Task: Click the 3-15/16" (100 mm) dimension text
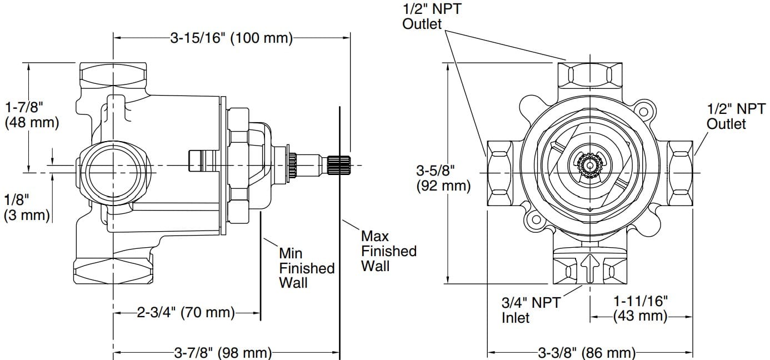[x=231, y=38]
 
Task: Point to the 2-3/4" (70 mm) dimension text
[x=186, y=313]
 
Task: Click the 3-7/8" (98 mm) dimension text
[x=222, y=353]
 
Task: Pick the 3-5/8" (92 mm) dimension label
[x=443, y=178]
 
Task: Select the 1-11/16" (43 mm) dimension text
[x=640, y=308]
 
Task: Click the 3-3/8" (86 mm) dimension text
[x=586, y=353]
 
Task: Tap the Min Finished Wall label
[x=306, y=268]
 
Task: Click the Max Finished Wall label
[x=388, y=251]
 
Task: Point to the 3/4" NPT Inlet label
[x=531, y=310]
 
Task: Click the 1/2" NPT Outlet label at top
[x=423, y=16]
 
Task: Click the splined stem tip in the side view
[x=339, y=165]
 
